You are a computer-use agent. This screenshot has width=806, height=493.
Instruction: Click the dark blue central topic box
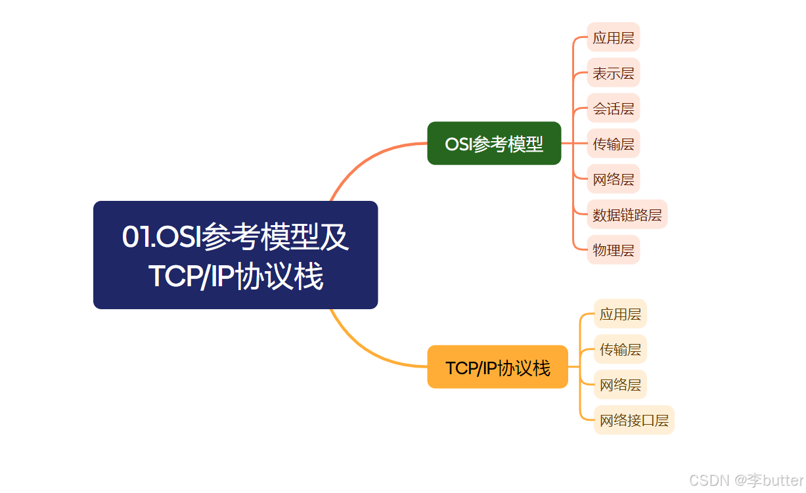[x=235, y=255]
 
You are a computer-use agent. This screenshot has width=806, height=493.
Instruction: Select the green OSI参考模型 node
[x=494, y=144]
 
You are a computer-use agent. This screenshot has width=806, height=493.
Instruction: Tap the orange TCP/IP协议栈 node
[x=497, y=368]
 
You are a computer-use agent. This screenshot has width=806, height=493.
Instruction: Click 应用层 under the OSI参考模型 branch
[x=613, y=37]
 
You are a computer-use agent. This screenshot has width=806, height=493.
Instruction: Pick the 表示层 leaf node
[x=613, y=73]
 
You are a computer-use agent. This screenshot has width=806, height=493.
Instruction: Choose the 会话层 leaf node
[x=613, y=108]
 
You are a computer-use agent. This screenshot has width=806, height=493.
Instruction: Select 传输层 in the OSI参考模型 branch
[x=613, y=144]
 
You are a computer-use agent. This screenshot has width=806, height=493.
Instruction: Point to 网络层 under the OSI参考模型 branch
[x=613, y=179]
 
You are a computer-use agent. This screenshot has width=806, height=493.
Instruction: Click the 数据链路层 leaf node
[x=627, y=215]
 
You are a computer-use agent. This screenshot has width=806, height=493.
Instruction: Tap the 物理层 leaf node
[x=613, y=250]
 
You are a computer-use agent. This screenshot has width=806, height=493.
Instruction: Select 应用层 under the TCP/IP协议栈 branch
[x=620, y=314]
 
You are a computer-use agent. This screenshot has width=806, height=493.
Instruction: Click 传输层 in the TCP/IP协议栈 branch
[x=620, y=349]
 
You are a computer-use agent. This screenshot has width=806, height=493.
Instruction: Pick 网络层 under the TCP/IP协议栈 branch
[x=620, y=385]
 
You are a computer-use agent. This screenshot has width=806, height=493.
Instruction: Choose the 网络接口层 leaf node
[x=634, y=420]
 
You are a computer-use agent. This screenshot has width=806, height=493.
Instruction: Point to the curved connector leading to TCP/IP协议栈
[x=368, y=351]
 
